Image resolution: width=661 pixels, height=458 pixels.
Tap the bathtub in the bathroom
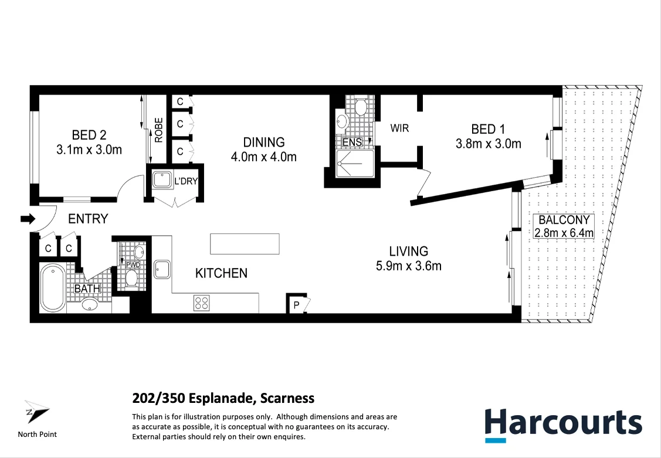click(53, 289)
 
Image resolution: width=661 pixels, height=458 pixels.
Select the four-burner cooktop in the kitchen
click(201, 303)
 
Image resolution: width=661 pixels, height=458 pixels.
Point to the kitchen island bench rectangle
click(245, 243)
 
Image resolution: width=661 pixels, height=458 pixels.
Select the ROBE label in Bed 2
click(159, 130)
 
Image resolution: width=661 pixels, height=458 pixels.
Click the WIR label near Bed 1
click(399, 128)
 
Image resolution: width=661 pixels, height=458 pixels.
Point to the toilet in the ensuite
click(361, 107)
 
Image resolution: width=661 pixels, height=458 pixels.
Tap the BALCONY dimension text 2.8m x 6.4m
click(564, 233)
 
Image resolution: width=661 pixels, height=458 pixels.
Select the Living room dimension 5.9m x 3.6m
click(408, 266)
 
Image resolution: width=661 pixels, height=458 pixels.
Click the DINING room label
click(264, 142)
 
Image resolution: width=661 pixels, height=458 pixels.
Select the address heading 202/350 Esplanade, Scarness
click(223, 399)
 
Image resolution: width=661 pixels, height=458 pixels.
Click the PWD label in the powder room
click(133, 265)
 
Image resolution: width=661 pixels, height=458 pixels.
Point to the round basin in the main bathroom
click(90, 304)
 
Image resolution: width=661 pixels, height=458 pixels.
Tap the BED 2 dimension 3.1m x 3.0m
click(89, 150)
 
